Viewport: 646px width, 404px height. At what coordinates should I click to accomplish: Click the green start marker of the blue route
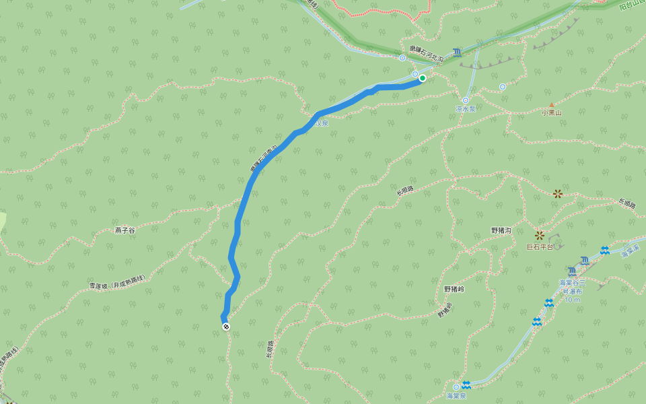(423, 78)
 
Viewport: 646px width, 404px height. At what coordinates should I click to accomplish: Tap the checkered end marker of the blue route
(226, 327)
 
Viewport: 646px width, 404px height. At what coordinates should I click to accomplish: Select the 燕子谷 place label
(124, 230)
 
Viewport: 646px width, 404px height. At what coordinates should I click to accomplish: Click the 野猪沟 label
(501, 230)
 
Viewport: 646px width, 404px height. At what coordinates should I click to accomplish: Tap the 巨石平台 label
(539, 247)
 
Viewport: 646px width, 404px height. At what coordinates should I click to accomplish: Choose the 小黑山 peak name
(551, 113)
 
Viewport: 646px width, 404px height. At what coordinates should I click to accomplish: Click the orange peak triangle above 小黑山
(552, 105)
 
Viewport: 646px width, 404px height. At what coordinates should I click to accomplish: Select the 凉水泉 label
(465, 108)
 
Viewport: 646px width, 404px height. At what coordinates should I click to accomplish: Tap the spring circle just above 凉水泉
(465, 100)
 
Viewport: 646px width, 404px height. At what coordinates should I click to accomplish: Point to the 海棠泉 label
(456, 395)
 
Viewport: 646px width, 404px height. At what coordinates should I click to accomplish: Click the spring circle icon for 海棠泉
(456, 386)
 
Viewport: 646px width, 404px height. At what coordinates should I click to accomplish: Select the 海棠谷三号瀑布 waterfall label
(573, 287)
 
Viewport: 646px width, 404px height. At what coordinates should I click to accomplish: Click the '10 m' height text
(573, 300)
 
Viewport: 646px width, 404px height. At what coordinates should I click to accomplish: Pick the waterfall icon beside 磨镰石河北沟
(458, 52)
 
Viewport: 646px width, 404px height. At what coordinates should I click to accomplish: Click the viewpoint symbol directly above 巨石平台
(540, 235)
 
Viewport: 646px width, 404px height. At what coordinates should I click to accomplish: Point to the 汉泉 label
(324, 123)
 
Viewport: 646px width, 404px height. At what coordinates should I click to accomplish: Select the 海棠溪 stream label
(630, 252)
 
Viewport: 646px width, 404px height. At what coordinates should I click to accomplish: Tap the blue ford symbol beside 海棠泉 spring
(466, 384)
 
